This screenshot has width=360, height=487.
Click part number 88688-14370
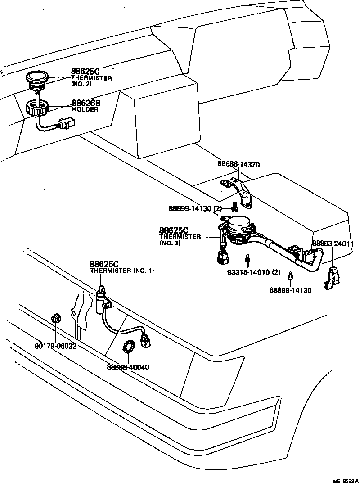238,165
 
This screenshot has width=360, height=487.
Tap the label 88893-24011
333,244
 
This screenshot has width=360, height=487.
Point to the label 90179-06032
55,346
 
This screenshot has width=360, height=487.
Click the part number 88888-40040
128,367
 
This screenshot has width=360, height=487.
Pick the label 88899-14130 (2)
196,208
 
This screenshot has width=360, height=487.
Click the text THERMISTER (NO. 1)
121,271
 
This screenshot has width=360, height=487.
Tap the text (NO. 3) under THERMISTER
170,243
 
